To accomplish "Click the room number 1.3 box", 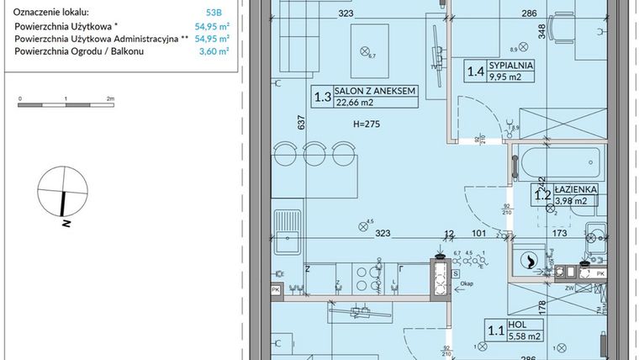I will (x=322, y=97).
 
